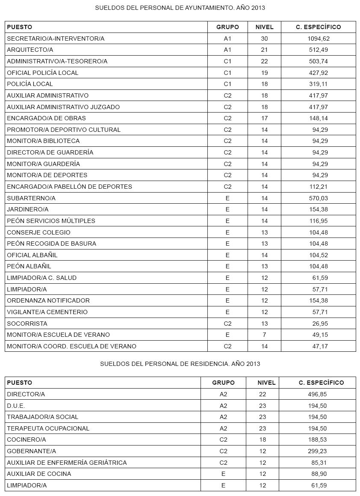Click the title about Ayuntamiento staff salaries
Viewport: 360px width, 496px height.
coord(180,8)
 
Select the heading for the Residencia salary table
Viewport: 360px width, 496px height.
coord(180,364)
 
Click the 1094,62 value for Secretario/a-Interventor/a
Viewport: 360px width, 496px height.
coord(319,39)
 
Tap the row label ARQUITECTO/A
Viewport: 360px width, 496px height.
coord(30,50)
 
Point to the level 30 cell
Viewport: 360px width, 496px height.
coord(264,39)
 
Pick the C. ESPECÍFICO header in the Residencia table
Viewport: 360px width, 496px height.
coord(321,383)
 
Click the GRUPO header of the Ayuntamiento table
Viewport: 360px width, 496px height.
coord(227,27)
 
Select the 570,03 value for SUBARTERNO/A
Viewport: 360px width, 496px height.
coord(319,198)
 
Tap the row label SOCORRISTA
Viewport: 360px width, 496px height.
coord(27,324)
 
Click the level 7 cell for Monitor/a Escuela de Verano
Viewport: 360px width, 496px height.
coord(264,335)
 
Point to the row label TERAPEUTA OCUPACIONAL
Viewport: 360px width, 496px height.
coord(48,428)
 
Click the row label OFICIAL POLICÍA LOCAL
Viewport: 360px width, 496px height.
coord(43,73)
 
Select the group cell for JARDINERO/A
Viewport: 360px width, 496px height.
coord(227,209)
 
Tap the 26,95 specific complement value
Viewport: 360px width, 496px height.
coord(320,324)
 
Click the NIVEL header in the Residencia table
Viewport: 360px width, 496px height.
coord(266,383)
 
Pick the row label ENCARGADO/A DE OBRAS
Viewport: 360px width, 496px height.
coord(46,118)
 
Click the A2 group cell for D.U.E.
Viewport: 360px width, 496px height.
coord(223,406)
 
